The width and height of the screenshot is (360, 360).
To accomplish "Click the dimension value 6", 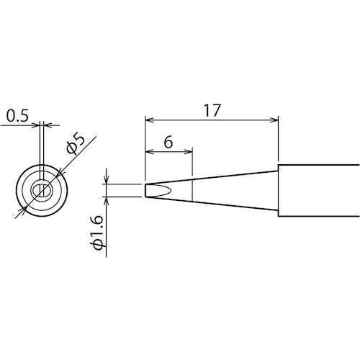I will (x=167, y=142).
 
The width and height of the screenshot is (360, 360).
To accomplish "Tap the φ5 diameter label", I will (x=76, y=142).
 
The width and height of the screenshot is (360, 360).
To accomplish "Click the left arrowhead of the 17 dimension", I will (x=149, y=120).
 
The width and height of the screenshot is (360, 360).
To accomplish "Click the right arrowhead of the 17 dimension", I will (x=274, y=120).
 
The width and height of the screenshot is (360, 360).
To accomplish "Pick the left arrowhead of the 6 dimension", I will (x=149, y=152).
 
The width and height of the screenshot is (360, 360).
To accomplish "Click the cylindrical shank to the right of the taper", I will (x=317, y=191).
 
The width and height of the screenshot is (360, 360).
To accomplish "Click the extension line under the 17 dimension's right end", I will (x=279, y=144).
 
